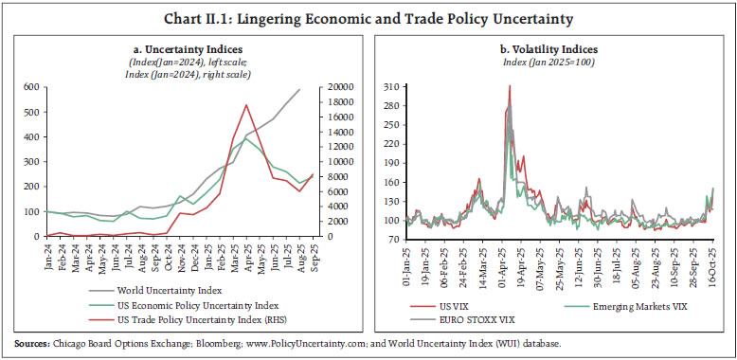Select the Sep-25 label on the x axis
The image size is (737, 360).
315,258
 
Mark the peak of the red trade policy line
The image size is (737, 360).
246,105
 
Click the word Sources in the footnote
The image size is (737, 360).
31,341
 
